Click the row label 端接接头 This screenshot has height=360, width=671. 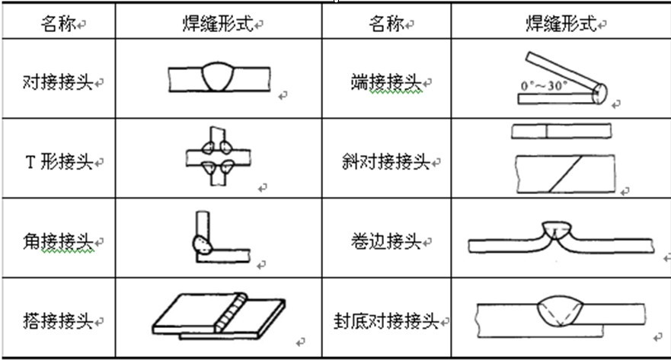tap(385, 81)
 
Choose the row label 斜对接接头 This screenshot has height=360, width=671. tap(385, 162)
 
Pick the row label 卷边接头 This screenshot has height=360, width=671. tap(385, 242)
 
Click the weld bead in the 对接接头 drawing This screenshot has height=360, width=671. tap(220, 76)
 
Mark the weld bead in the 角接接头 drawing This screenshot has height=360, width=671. tap(201, 244)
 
